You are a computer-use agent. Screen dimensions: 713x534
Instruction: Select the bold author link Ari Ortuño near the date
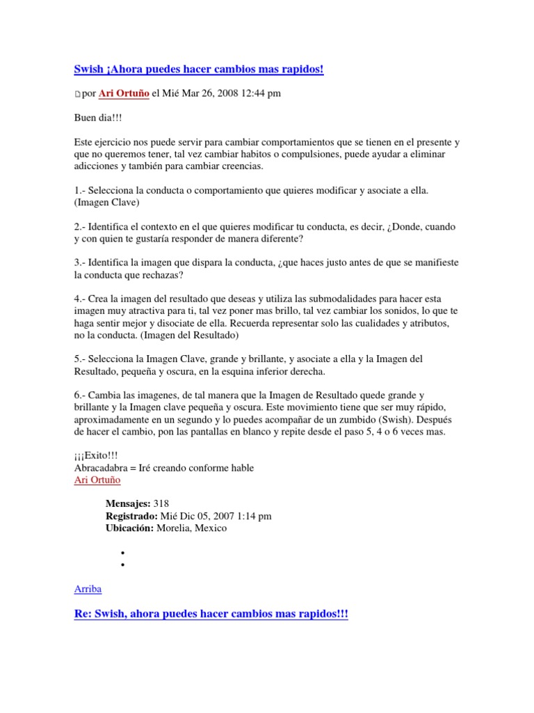(x=124, y=93)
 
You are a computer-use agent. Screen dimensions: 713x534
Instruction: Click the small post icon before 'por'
(x=77, y=94)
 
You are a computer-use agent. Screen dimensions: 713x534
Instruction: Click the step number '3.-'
(x=81, y=263)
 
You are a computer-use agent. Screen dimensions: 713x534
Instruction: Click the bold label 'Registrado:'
(x=131, y=516)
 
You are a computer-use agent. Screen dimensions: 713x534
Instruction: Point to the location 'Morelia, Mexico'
(x=192, y=528)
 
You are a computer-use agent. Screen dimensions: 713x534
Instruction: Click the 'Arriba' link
(x=88, y=589)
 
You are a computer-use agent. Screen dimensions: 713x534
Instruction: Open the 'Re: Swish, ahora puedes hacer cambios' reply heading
(x=211, y=615)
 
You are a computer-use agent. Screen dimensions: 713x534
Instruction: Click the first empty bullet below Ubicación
(x=122, y=553)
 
